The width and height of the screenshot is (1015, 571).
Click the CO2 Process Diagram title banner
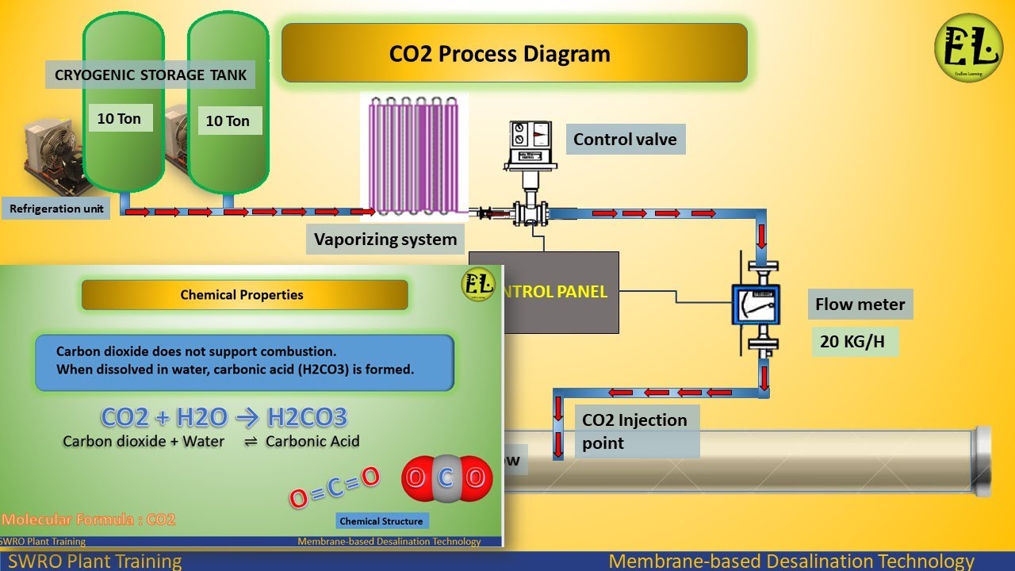[x=514, y=53]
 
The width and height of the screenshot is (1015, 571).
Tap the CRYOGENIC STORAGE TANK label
[x=151, y=75]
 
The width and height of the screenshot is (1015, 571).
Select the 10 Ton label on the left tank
[x=119, y=119]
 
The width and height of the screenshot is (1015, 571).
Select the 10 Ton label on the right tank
[x=228, y=121]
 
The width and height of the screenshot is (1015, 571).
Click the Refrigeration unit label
[x=56, y=209]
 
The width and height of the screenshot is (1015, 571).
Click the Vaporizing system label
[x=385, y=239]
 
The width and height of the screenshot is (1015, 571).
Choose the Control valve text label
[x=625, y=140]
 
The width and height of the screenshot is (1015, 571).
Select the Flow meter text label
[x=860, y=304]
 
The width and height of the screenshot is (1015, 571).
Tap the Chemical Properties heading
[x=243, y=295]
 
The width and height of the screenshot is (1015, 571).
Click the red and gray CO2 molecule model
[x=446, y=477]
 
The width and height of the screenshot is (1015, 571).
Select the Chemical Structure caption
[x=381, y=521]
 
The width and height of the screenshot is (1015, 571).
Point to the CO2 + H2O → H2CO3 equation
[x=224, y=417]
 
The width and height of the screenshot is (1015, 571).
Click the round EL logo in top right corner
[x=968, y=48]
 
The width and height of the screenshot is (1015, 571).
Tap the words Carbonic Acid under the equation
[x=312, y=441]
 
